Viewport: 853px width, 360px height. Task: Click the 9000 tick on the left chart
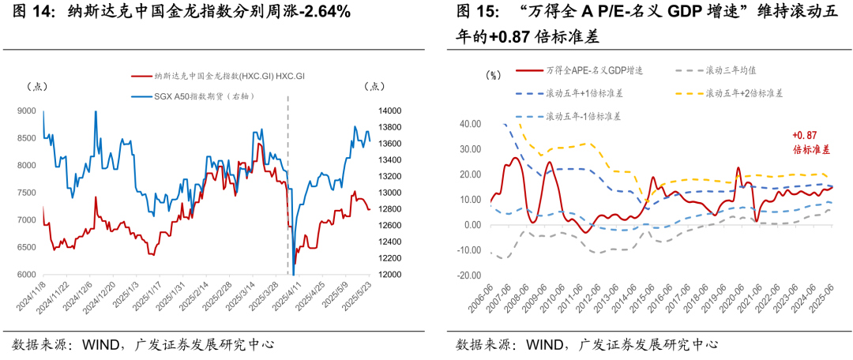[27, 111]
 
